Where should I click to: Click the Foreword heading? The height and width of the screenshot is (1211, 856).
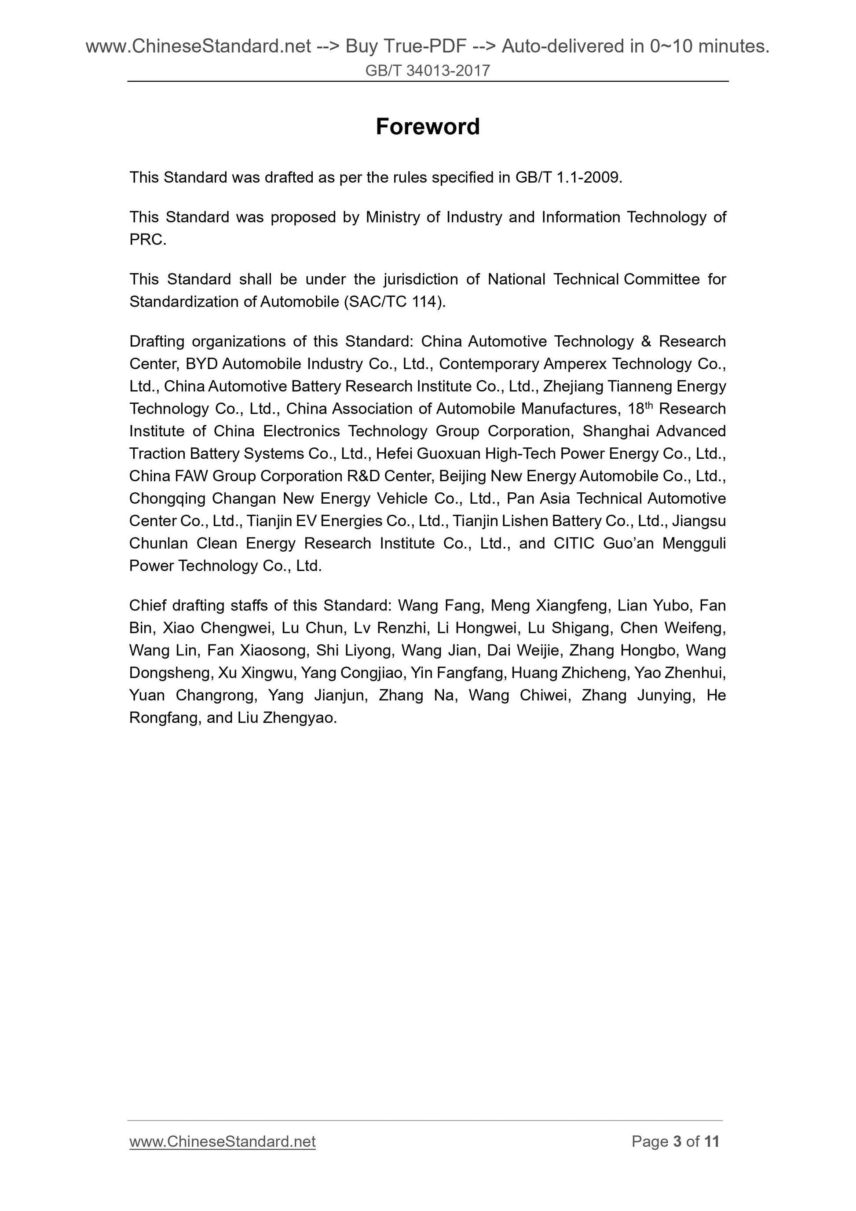427,127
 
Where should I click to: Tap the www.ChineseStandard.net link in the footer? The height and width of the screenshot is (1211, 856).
222,1141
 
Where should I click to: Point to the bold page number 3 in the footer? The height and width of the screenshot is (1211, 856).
677,1141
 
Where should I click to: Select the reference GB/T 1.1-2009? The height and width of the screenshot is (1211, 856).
568,177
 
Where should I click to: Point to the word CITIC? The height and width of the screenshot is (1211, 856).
574,543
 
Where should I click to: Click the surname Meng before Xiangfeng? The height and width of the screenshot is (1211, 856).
509,605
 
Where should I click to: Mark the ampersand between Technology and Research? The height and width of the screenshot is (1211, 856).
647,341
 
